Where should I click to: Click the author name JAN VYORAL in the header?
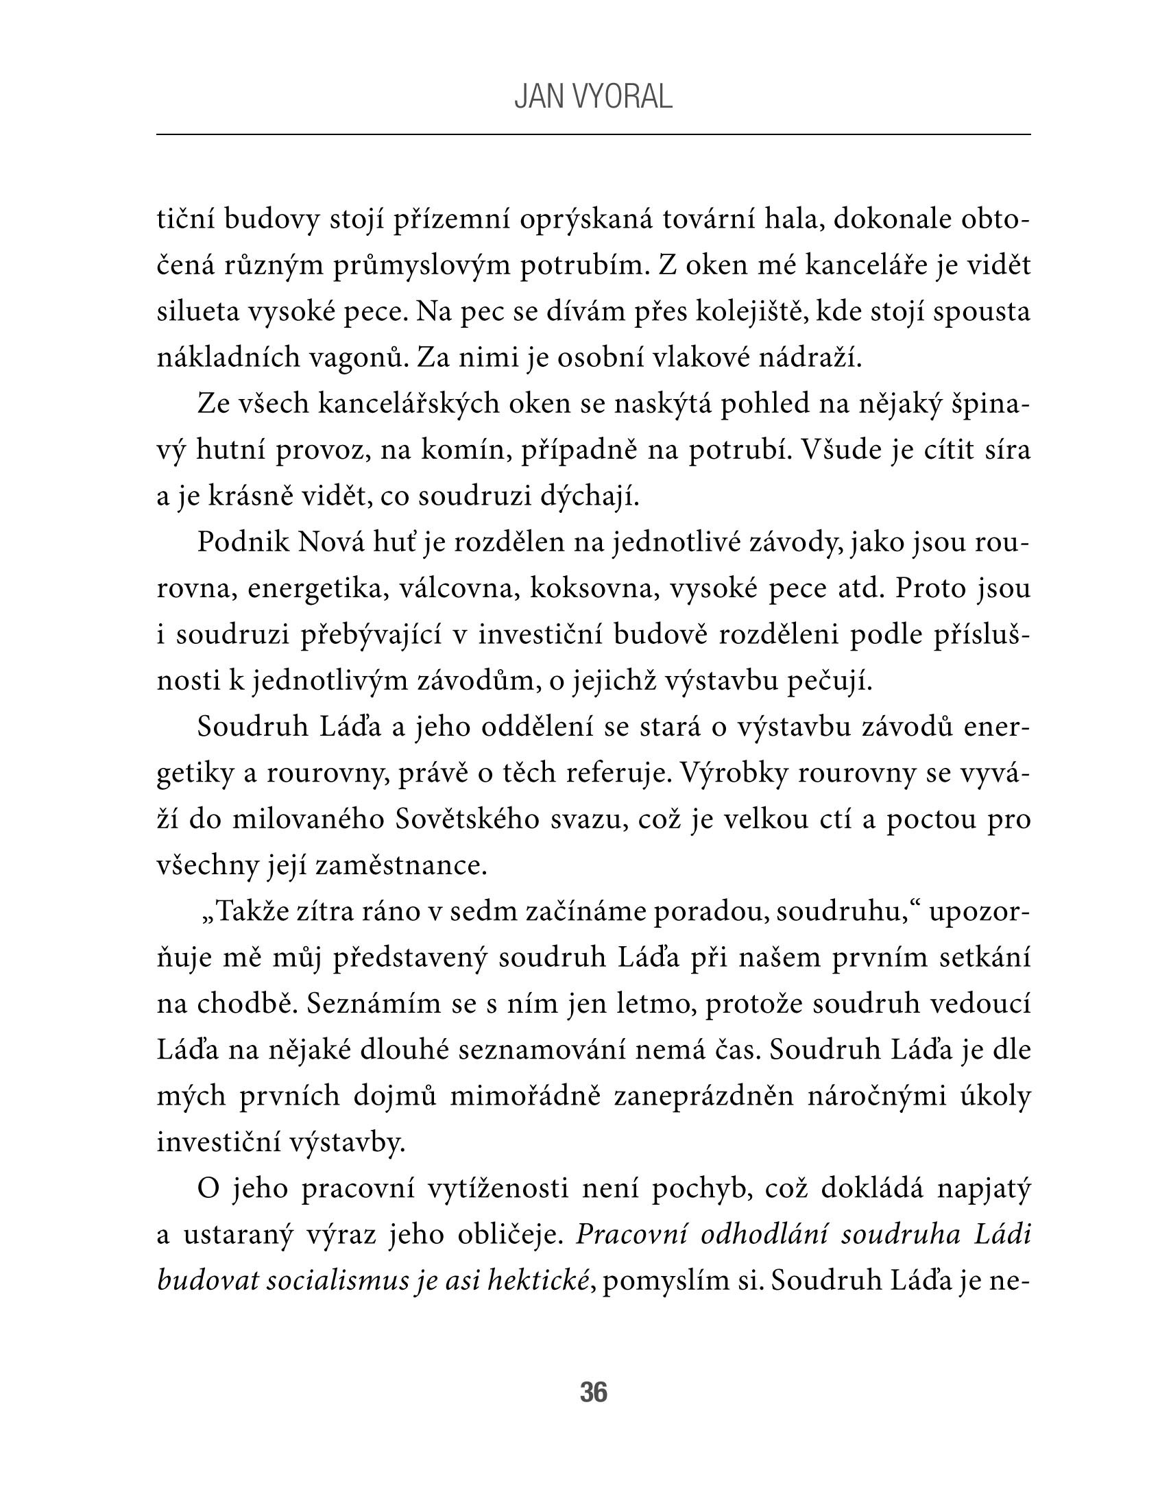tap(593, 98)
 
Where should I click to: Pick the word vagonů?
tap(359, 357)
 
